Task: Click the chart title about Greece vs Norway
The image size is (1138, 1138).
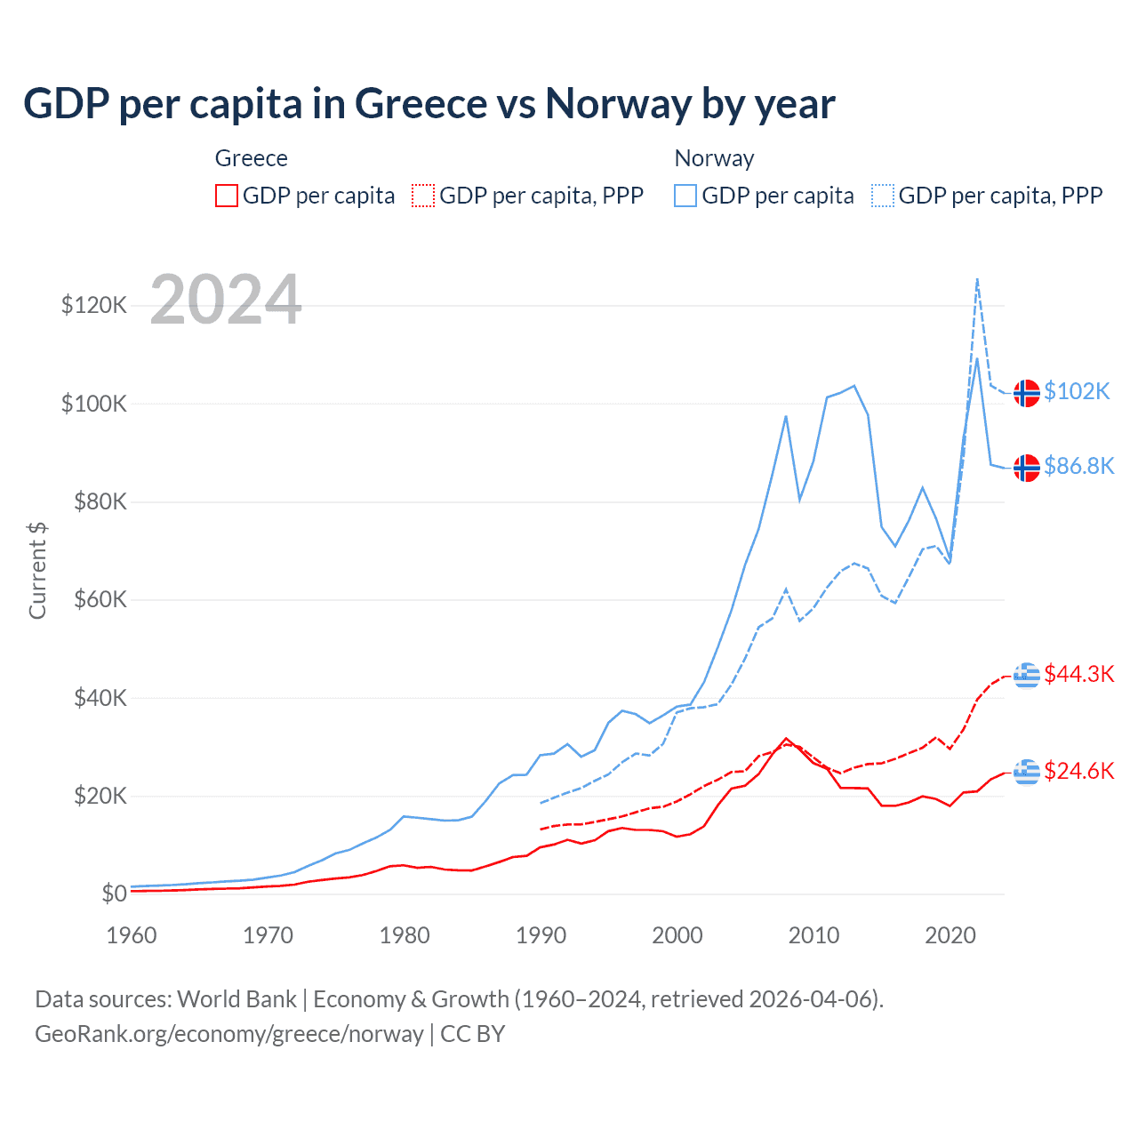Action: pos(429,103)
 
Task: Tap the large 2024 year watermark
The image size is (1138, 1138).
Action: pos(226,300)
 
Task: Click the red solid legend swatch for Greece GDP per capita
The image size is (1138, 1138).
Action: pos(227,196)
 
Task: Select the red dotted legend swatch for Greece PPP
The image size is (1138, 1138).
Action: pos(423,196)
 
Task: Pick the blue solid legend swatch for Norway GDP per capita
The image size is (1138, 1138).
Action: pos(685,196)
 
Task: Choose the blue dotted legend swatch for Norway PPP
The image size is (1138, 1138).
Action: pos(883,196)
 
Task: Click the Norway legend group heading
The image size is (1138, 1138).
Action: pos(714,158)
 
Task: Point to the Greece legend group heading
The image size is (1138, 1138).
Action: pos(252,158)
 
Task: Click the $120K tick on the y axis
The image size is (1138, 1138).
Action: pos(94,306)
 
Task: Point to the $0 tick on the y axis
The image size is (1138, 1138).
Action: pos(114,894)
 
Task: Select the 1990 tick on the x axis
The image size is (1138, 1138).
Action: pos(541,935)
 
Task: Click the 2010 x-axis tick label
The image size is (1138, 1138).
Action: pos(813,935)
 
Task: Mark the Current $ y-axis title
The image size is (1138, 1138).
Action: pos(37,570)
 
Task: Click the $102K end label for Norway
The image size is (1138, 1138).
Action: pos(1077,391)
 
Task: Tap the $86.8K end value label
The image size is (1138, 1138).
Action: pos(1078,466)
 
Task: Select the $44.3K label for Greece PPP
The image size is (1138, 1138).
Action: pos(1078,674)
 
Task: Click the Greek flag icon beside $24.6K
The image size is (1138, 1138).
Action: pos(1027,772)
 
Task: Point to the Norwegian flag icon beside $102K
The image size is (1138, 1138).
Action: pos(1027,393)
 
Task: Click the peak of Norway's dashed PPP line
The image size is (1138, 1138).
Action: pos(977,279)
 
